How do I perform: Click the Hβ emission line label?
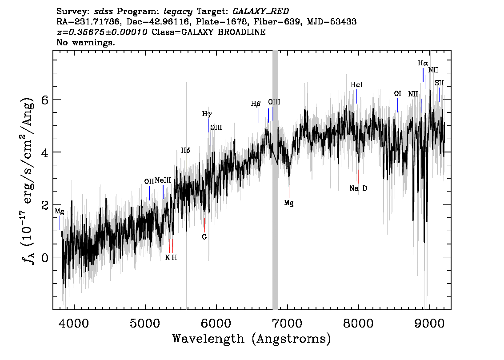coord(256,104)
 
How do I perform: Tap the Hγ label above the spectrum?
coord(207,114)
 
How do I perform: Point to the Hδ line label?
coord(186,151)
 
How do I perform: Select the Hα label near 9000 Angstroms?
coord(423,64)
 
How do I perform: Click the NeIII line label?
coord(163,180)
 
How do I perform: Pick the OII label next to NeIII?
coord(149,181)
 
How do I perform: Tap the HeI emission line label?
coord(356,84)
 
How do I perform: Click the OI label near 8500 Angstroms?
coord(398,94)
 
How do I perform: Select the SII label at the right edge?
coord(439,83)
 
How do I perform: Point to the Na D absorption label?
coord(358,188)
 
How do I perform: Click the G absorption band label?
coord(204,237)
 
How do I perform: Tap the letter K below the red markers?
coord(167,257)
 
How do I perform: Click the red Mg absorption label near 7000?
coord(289,203)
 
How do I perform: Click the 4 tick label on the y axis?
coord(45,152)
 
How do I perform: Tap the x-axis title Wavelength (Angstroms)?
coord(252,339)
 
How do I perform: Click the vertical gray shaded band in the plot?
coord(275,178)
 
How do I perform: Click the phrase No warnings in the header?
coord(86,43)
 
